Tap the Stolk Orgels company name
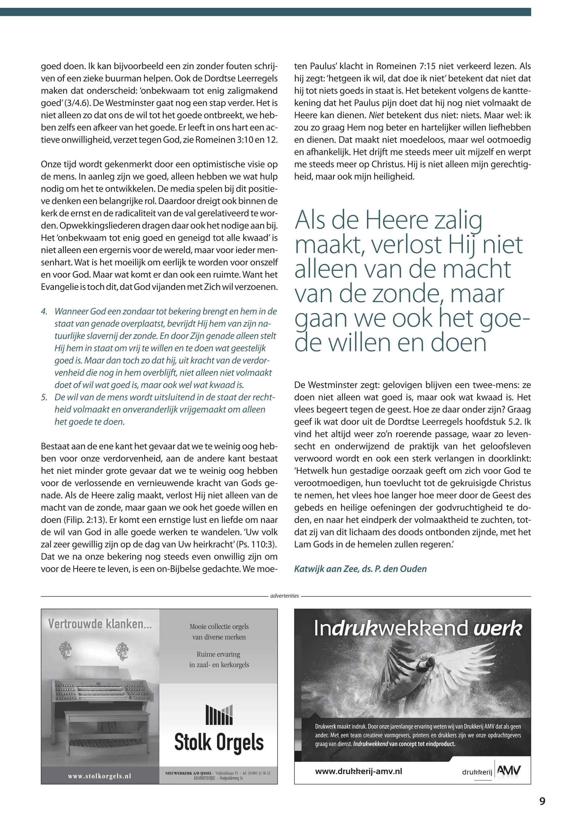pos(219,742)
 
